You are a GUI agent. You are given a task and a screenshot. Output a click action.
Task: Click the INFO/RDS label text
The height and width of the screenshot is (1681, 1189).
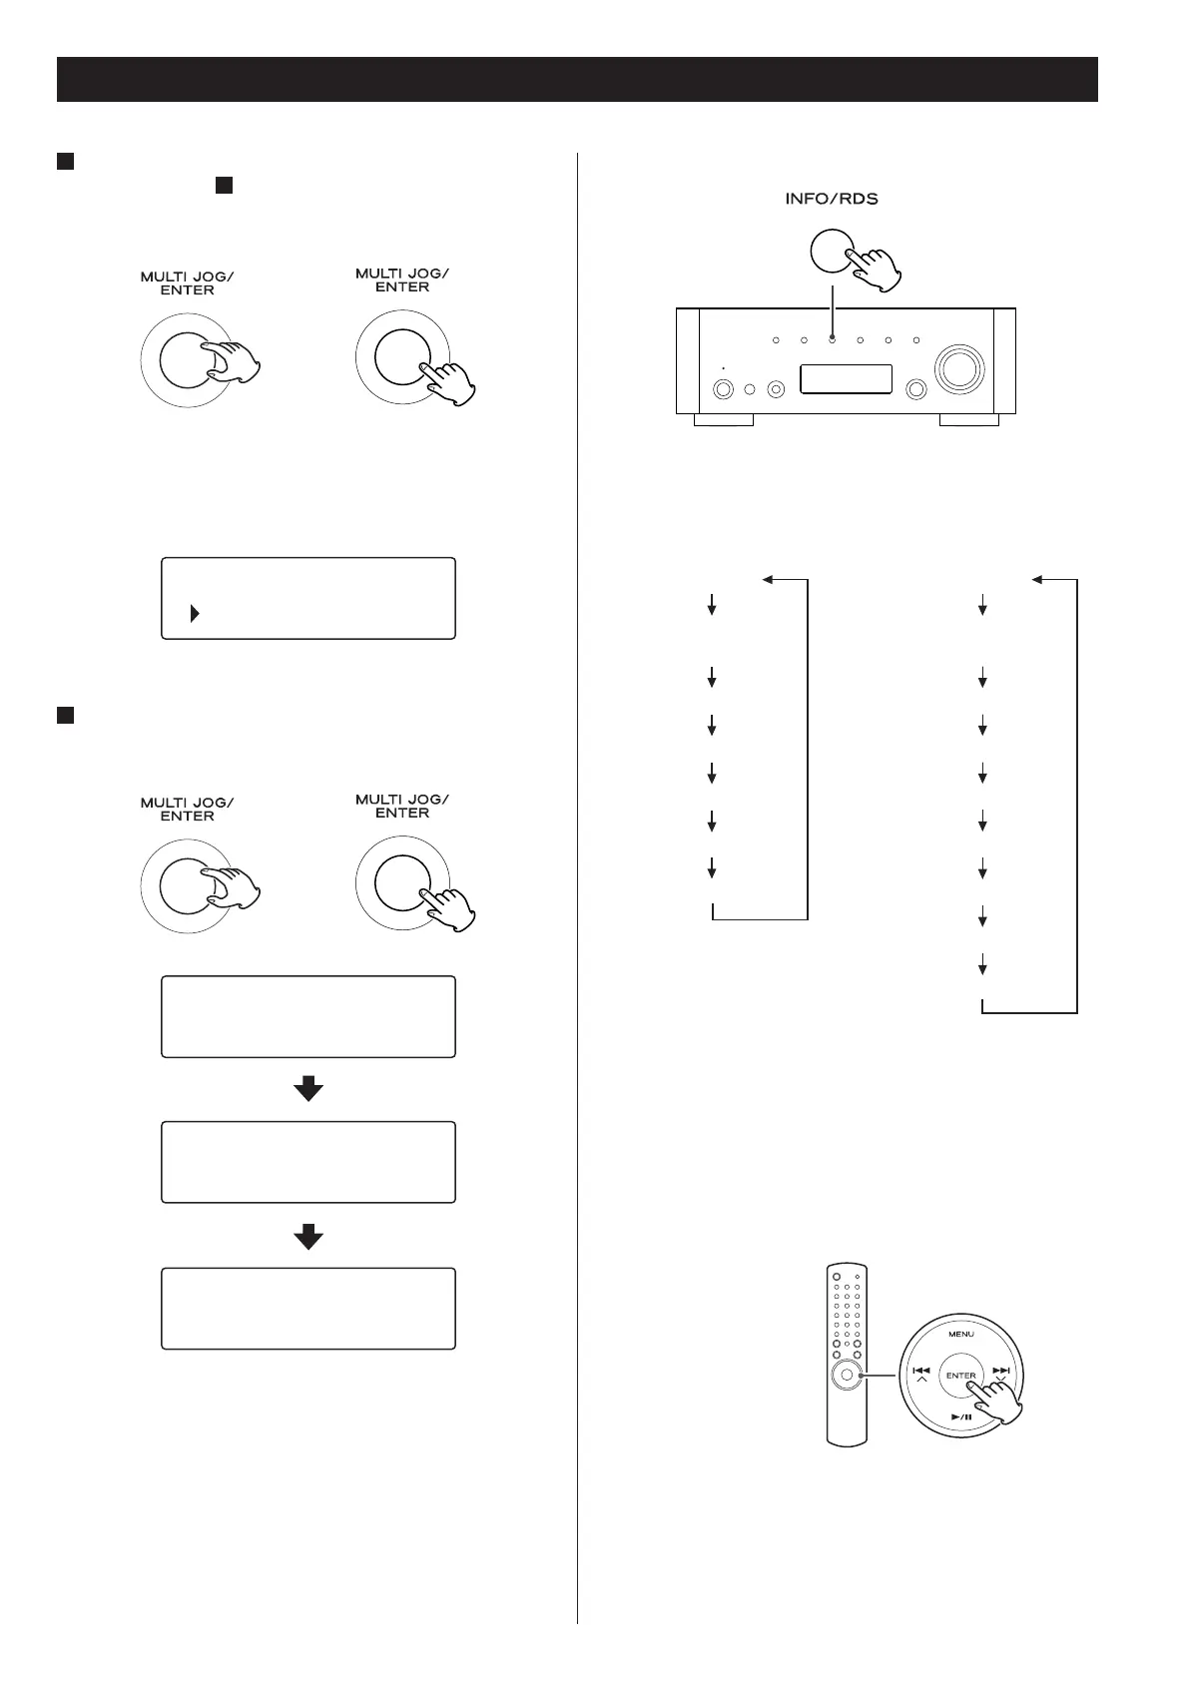click(x=831, y=199)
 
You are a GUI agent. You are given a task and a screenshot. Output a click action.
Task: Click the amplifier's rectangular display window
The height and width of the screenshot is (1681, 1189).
click(x=847, y=379)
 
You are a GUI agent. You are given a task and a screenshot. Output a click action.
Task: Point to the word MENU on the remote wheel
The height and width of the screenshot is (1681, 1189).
click(x=961, y=1333)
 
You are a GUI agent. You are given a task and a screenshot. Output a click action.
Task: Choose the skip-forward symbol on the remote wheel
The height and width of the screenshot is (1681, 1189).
click(x=1001, y=1371)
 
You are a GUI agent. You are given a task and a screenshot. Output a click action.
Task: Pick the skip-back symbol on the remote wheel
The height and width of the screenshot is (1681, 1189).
click(x=921, y=1371)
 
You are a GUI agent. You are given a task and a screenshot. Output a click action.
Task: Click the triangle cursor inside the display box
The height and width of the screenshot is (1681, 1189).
click(x=194, y=613)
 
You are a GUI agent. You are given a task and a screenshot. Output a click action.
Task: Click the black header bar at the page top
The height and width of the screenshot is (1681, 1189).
click(x=577, y=79)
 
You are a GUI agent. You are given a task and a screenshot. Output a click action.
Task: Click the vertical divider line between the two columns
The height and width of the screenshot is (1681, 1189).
click(x=577, y=898)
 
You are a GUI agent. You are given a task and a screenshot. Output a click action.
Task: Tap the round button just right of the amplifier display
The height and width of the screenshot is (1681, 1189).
click(x=912, y=389)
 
